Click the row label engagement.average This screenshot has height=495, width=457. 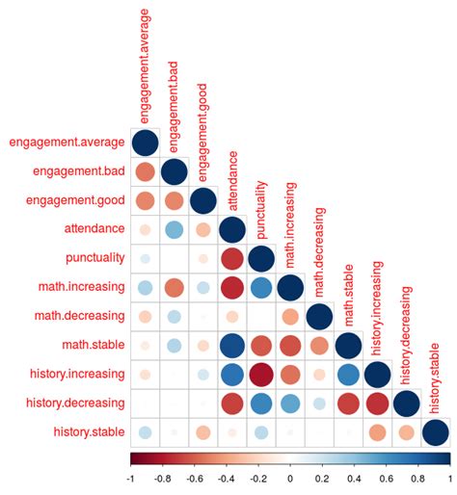67,143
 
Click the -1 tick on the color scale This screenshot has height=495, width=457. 130,478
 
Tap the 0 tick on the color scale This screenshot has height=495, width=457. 290,478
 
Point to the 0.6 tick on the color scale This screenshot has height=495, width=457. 386,478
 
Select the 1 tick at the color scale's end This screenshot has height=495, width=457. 449,478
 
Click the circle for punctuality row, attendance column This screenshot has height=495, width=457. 231,259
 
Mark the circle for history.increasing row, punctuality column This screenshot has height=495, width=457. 260,375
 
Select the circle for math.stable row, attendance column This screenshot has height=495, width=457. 231,346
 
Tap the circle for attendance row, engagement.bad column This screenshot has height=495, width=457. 174,230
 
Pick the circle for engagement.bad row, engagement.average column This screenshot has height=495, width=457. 145,172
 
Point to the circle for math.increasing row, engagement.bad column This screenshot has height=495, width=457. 174,288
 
